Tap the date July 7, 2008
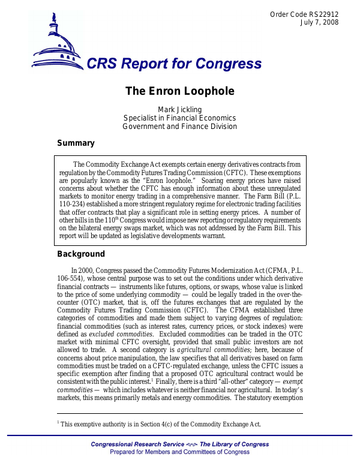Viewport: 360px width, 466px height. pos(319,23)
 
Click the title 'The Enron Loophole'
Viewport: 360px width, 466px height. pos(179,91)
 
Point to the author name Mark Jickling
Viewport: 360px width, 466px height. pos(179,109)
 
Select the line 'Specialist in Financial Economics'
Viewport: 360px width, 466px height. pos(179,118)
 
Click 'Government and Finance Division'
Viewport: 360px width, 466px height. pos(179,127)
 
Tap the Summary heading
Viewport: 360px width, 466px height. pos(76,143)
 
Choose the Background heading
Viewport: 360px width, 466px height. pos(80,254)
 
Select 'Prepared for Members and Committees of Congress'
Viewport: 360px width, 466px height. pos(180,452)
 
